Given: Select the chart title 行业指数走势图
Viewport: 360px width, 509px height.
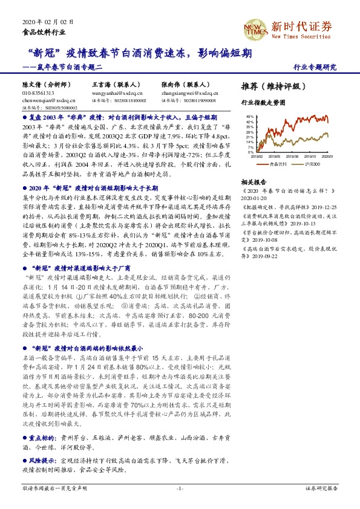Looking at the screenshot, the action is click(x=262, y=103).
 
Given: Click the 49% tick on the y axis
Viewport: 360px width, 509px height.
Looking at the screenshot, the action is click(x=248, y=116).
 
